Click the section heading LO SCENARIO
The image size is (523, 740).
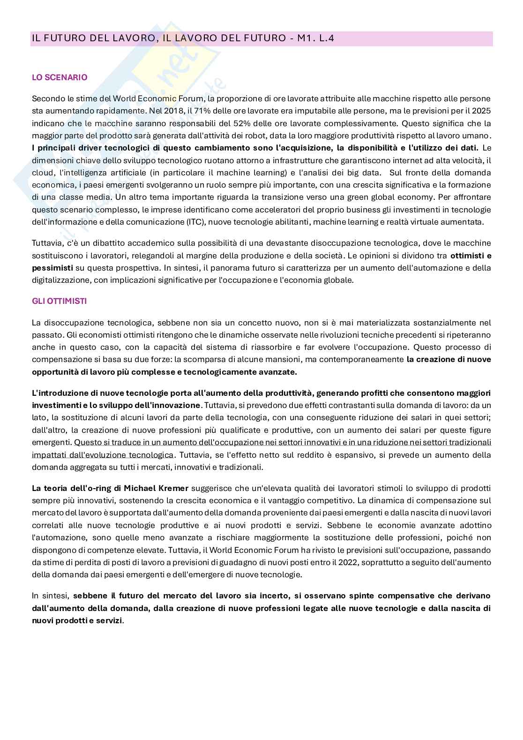pyautogui.click(x=60, y=77)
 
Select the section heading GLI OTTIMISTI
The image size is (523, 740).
pyautogui.click(x=59, y=301)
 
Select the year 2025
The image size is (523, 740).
pyautogui.click(x=481, y=111)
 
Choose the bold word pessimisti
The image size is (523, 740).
pyautogui.click(x=52, y=268)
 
